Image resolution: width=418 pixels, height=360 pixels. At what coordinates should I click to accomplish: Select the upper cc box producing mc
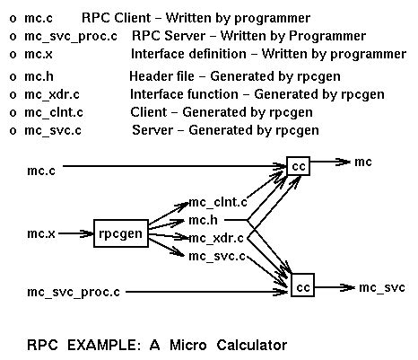(298, 165)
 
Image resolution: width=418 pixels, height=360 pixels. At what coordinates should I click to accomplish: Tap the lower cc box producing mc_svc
(303, 287)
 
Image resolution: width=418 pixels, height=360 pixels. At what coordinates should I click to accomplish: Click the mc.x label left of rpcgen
(41, 234)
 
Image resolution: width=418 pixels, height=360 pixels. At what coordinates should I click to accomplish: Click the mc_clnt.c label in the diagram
(218, 203)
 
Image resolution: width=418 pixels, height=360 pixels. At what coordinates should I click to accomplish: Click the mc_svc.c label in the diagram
(216, 256)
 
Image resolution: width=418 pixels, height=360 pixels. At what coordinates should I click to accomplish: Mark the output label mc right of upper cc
(363, 162)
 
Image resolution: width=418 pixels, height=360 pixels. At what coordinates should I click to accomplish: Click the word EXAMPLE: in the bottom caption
(99, 344)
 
